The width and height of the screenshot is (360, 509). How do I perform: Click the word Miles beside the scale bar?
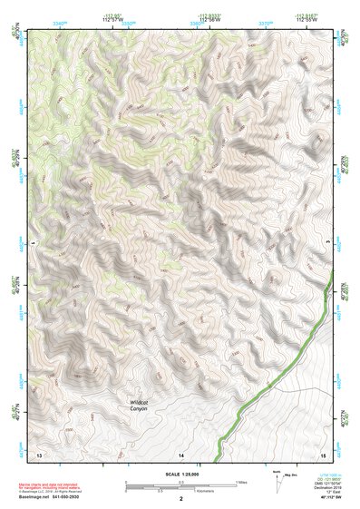(x=242, y=482)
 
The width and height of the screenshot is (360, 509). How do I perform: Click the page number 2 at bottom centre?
(x=180, y=499)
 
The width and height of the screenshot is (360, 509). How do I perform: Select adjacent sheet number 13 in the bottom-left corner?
(x=38, y=453)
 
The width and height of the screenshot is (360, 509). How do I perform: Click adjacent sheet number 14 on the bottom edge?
(x=180, y=453)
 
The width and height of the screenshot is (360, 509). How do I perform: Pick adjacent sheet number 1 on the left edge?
(x=33, y=243)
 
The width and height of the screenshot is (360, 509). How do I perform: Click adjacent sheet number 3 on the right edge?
(x=327, y=243)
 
